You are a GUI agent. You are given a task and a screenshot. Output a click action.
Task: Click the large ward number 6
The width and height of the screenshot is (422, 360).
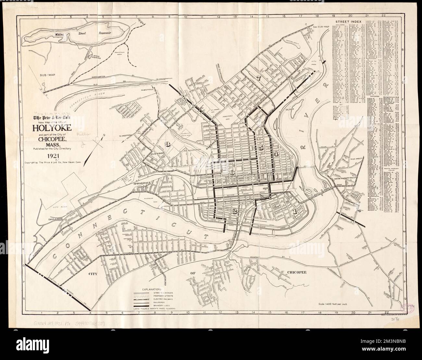232,173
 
